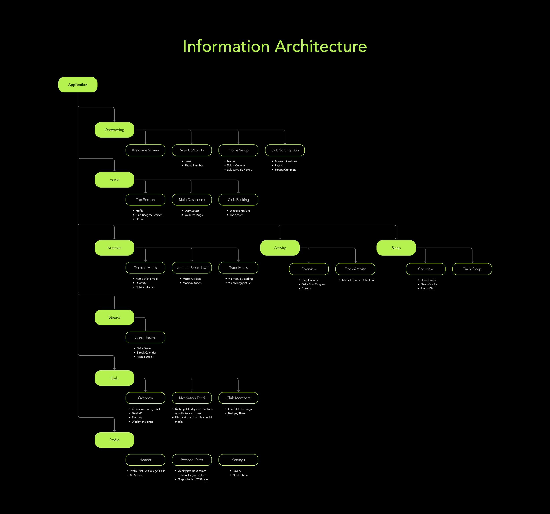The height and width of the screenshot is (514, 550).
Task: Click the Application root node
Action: click(78, 85)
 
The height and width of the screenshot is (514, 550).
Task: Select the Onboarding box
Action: click(114, 130)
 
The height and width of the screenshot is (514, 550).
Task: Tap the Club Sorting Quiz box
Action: click(285, 150)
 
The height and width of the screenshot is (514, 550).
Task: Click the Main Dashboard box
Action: click(192, 200)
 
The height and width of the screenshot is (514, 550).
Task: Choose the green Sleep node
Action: click(396, 248)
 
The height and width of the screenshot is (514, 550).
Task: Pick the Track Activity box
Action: click(355, 269)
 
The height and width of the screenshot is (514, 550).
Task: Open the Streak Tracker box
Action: click(145, 337)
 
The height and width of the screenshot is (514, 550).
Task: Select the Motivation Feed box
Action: click(192, 398)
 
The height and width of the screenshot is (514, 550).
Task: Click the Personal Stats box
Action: click(192, 460)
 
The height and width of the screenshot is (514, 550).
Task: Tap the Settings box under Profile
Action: click(238, 460)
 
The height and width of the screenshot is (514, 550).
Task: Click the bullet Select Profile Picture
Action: click(239, 170)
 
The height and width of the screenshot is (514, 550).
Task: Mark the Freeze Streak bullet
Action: click(145, 357)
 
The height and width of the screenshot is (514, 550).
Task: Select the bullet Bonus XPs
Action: click(427, 288)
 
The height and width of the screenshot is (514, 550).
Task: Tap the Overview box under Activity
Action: click(309, 269)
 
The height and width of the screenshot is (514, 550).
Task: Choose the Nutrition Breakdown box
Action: click(192, 268)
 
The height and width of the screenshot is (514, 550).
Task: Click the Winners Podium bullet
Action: click(240, 211)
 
